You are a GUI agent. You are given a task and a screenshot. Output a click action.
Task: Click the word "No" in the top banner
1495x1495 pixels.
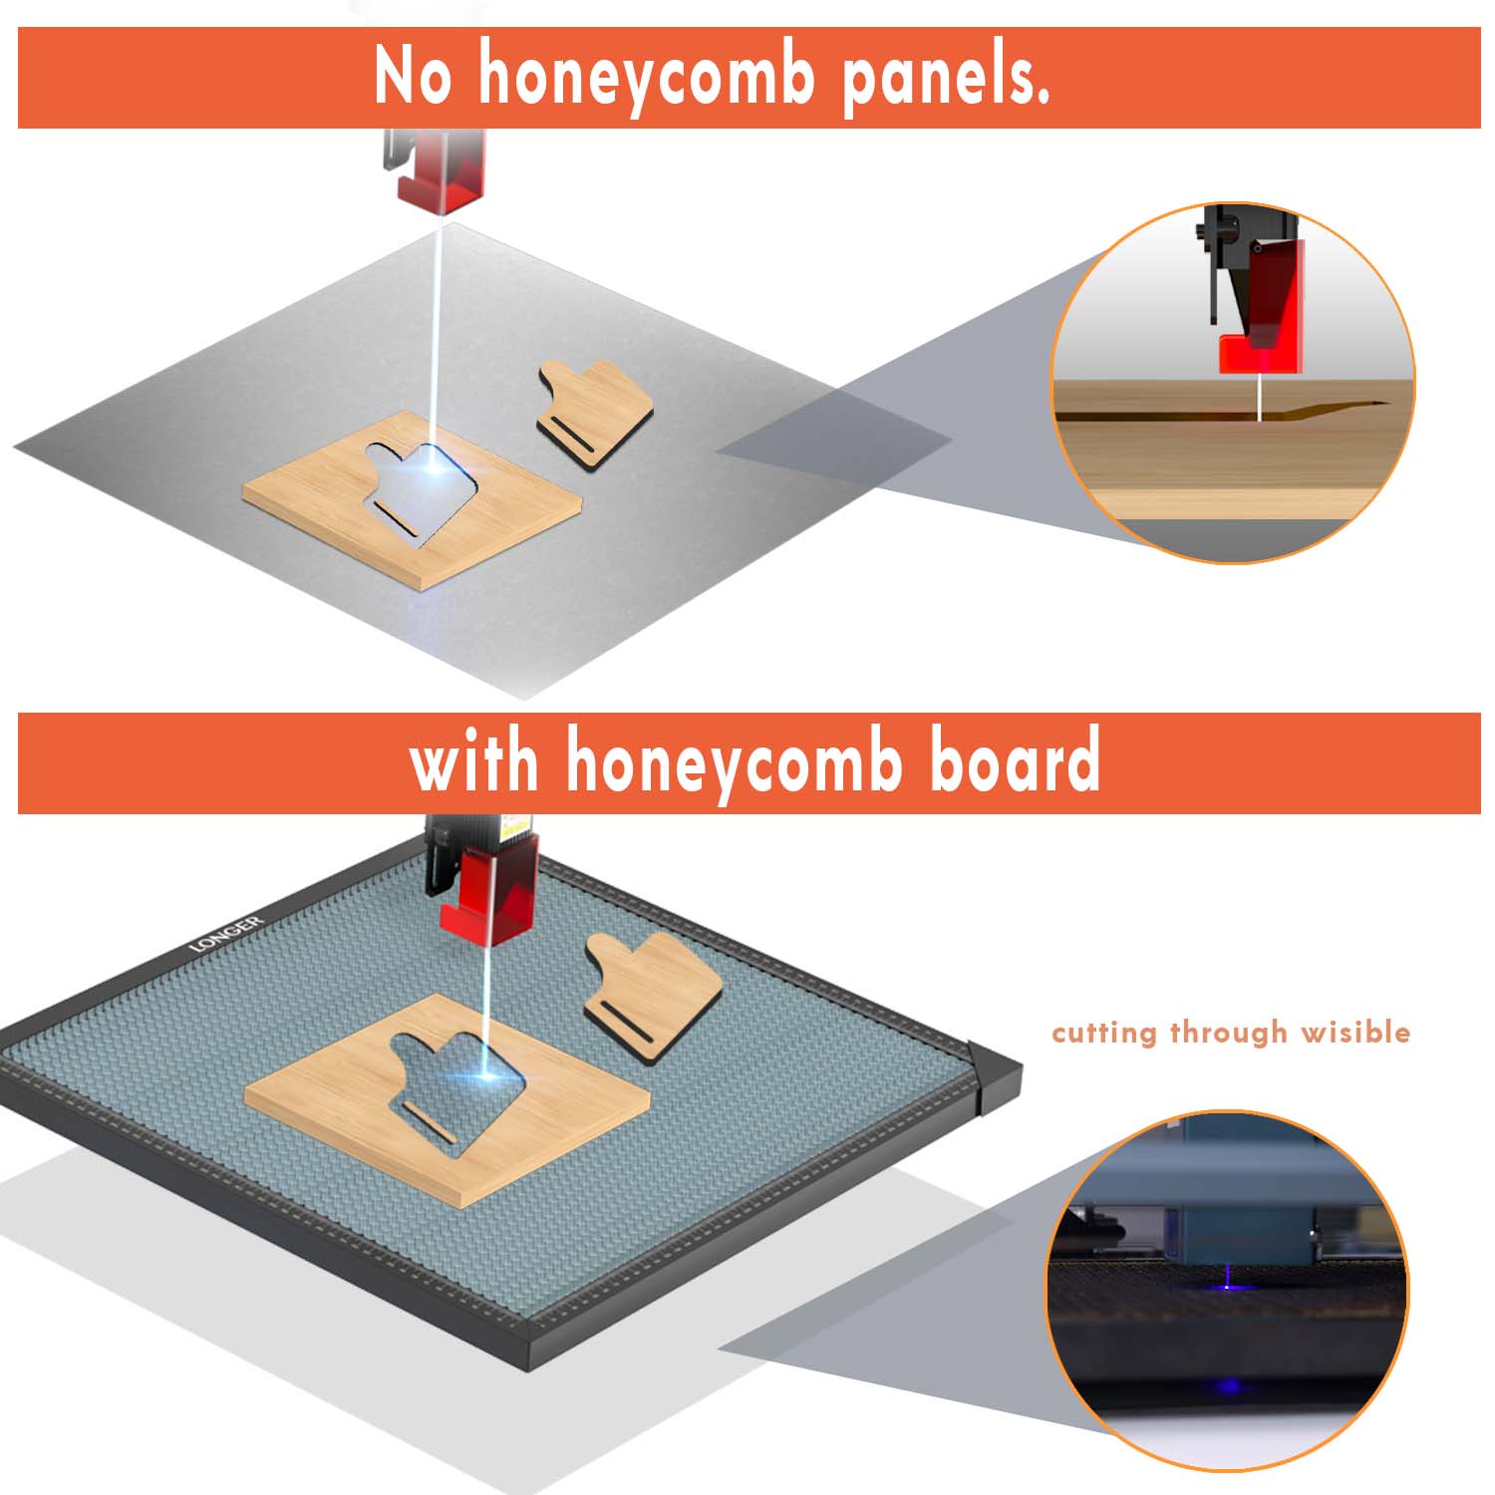coord(413,75)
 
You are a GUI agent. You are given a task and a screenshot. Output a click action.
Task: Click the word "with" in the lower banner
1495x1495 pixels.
coord(474,761)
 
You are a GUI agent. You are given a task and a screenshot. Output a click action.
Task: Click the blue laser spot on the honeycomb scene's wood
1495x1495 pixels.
coord(484,1074)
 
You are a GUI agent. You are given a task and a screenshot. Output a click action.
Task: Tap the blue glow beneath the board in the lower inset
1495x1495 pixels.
coord(1229,1386)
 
